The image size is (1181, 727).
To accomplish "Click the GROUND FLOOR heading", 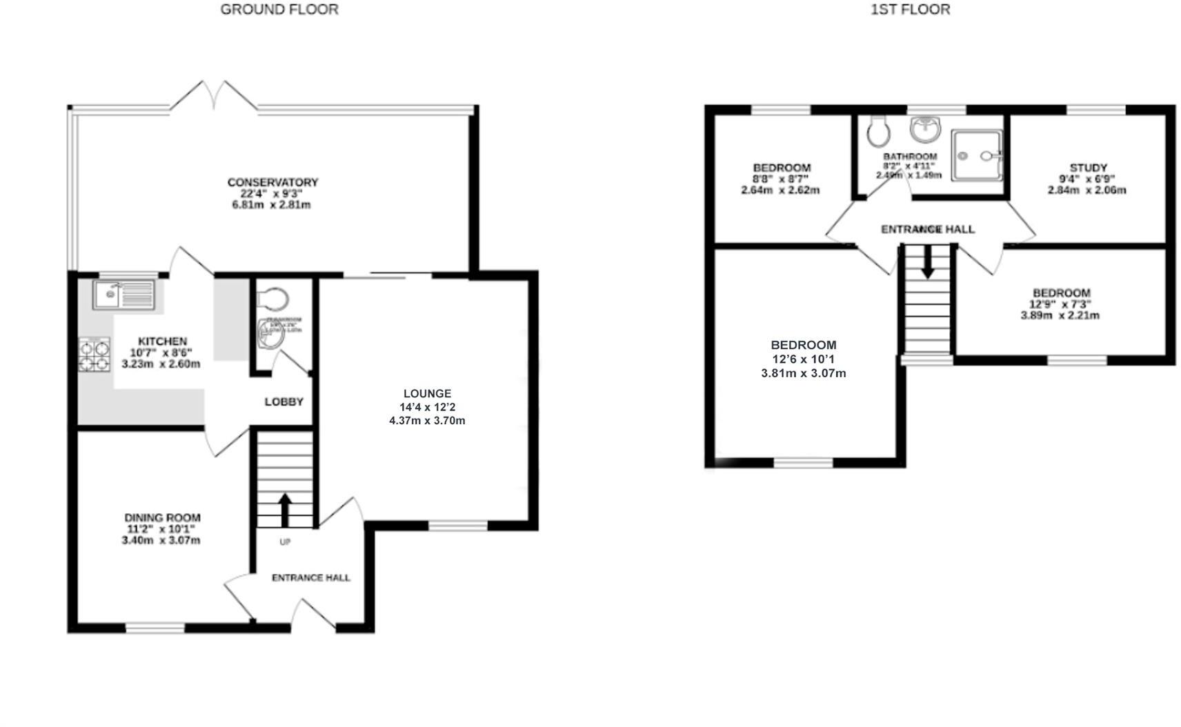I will click(279, 10).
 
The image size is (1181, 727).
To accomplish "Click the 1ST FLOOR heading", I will click(909, 10).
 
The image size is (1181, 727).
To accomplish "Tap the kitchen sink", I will click(124, 295).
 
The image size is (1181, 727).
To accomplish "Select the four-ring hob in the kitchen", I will click(94, 355).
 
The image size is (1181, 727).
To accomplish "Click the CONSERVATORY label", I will click(272, 182).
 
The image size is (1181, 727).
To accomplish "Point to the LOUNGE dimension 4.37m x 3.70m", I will click(426, 421).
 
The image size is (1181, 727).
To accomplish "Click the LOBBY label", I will click(284, 401).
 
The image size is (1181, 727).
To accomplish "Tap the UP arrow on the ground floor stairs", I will click(285, 509).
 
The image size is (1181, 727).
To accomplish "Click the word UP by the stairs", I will click(285, 542).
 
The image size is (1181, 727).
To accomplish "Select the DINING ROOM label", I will click(162, 517).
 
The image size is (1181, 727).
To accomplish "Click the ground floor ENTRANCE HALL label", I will click(310, 577).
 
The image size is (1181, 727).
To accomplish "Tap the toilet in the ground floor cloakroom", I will click(273, 300).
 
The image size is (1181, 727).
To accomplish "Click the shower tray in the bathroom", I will click(977, 156).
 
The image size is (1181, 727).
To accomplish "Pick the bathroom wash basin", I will click(925, 128).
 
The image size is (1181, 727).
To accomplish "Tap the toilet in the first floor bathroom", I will click(877, 131).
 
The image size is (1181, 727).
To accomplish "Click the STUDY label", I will click(1088, 168).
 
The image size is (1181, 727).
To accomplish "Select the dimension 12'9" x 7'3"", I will click(1060, 304).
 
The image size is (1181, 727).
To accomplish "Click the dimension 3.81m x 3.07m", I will click(803, 373).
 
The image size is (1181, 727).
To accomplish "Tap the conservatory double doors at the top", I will click(214, 95).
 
